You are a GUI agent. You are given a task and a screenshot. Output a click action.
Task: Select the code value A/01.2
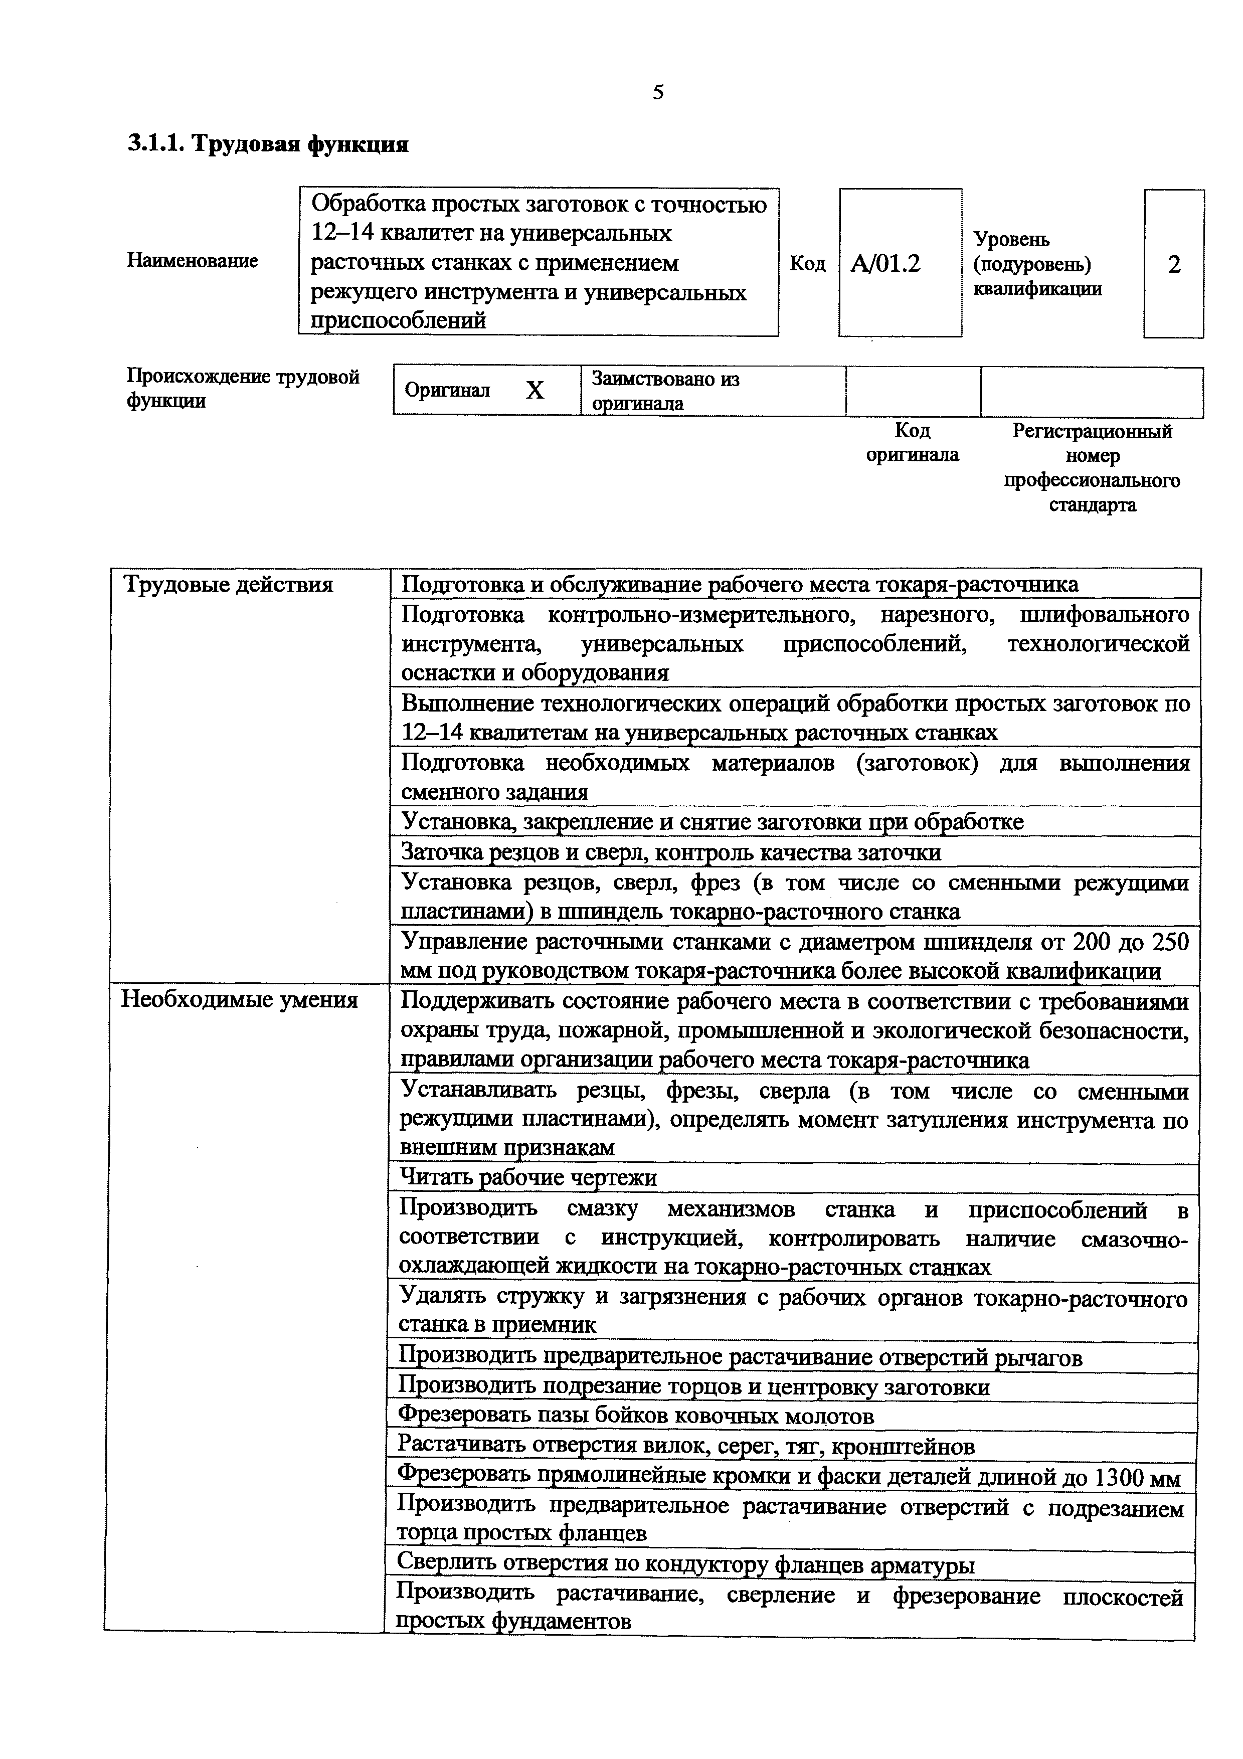(885, 264)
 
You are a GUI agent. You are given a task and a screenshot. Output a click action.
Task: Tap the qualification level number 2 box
(1173, 264)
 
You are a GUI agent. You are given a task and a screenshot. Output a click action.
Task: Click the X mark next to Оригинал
(535, 391)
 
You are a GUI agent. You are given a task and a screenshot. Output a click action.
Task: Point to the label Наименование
(192, 260)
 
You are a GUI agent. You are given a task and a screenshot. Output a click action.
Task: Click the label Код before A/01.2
(807, 264)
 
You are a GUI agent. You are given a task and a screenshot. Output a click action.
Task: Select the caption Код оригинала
(912, 443)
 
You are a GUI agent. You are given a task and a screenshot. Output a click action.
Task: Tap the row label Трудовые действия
(228, 585)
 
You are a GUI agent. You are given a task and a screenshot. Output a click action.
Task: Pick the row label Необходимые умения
(240, 1000)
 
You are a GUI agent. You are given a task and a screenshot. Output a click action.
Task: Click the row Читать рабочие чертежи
(528, 1177)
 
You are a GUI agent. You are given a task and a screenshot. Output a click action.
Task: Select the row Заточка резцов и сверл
(671, 852)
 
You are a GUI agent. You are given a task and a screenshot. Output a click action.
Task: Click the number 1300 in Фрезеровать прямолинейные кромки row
(1119, 1478)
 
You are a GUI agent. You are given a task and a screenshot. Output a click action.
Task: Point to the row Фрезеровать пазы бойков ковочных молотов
(636, 1417)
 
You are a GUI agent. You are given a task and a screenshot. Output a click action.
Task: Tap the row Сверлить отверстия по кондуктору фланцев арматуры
(685, 1564)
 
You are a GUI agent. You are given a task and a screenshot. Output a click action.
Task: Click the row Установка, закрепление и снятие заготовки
(712, 822)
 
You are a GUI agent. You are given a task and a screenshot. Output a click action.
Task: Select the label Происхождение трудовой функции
(243, 389)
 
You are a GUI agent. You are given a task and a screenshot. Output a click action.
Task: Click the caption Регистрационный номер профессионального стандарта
(1092, 467)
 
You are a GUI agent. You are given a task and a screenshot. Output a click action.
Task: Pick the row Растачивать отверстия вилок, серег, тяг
(685, 1447)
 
